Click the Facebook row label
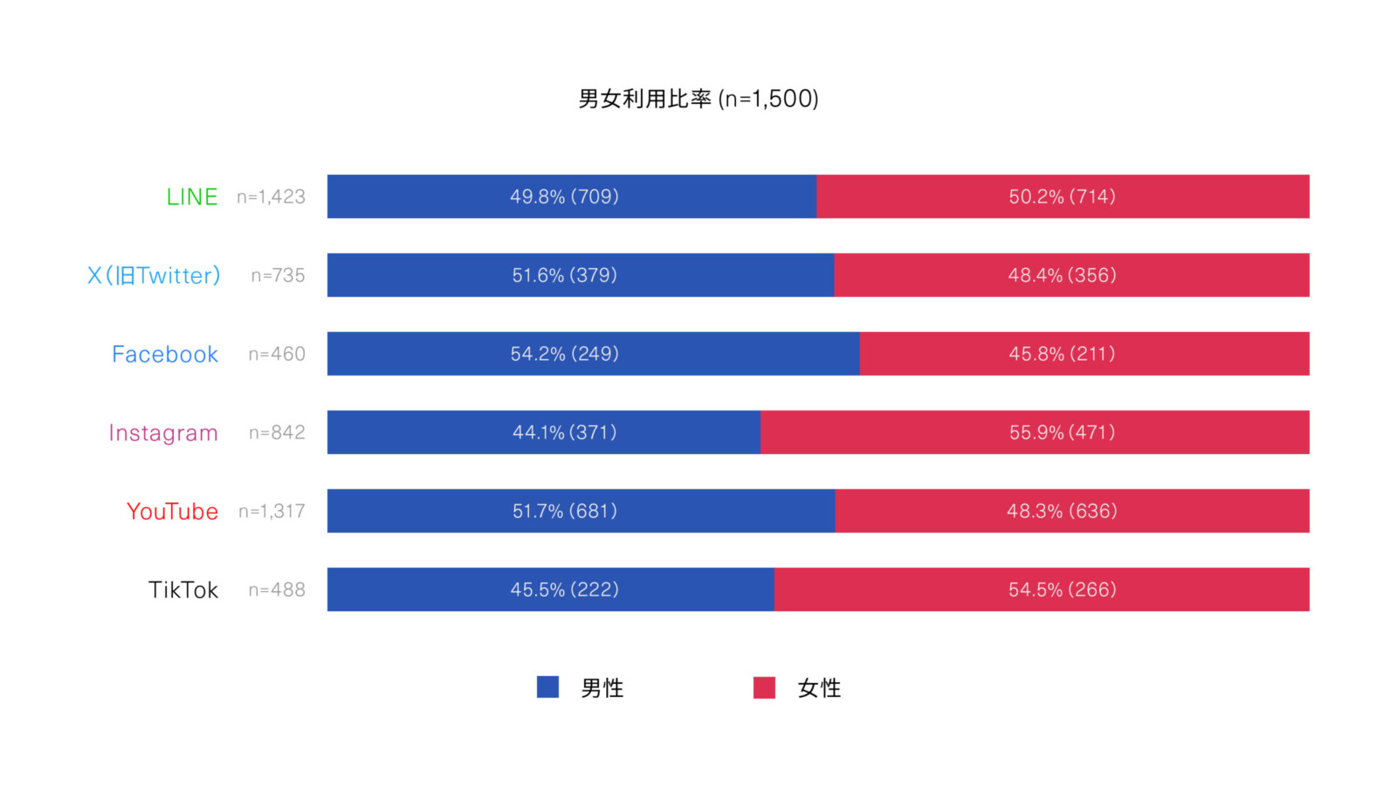(x=165, y=354)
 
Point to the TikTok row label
(x=183, y=589)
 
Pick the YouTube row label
(x=172, y=511)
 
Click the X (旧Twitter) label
(x=154, y=275)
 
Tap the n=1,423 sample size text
(x=271, y=196)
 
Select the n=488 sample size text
(x=277, y=589)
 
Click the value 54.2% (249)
(x=564, y=354)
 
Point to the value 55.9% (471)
(x=1062, y=432)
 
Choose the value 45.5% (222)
(x=564, y=589)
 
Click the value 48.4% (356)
(x=1062, y=275)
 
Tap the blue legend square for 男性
(x=547, y=687)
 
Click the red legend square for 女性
(x=764, y=687)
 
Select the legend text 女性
(x=819, y=688)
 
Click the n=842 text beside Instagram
(x=277, y=432)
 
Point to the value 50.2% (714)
(x=1062, y=196)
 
